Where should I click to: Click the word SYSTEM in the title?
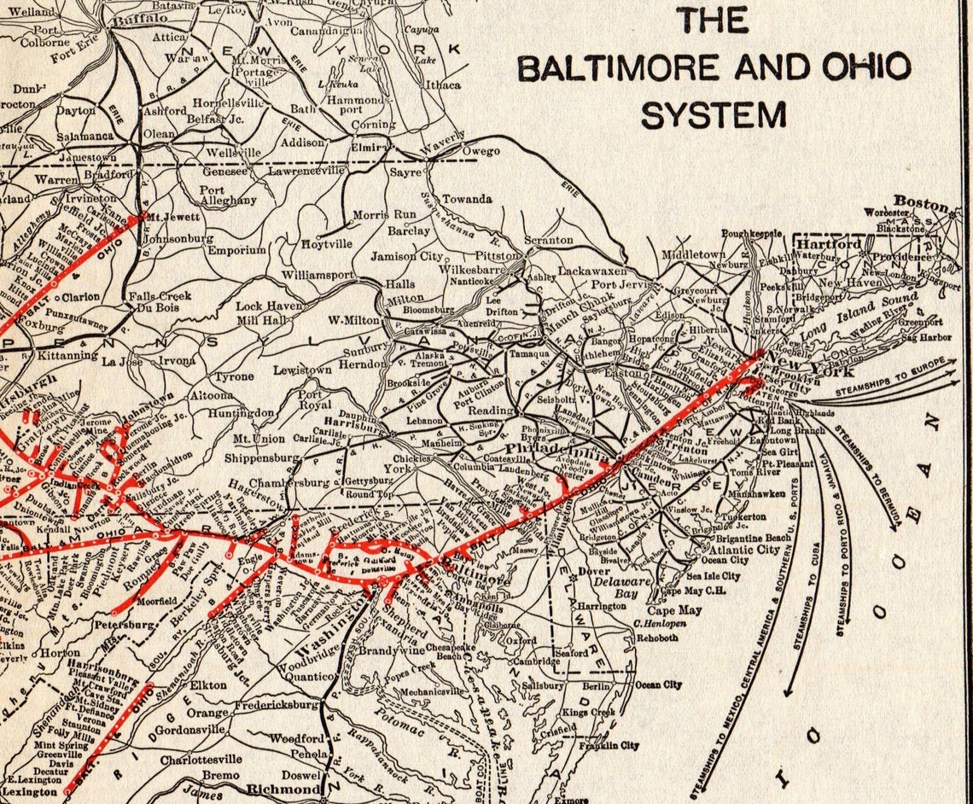(x=714, y=114)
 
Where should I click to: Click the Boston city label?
(x=921, y=204)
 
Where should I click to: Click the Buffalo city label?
(x=141, y=18)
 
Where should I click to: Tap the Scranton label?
(x=548, y=241)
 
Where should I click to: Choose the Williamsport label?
(x=318, y=276)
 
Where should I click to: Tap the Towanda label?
(x=466, y=199)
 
